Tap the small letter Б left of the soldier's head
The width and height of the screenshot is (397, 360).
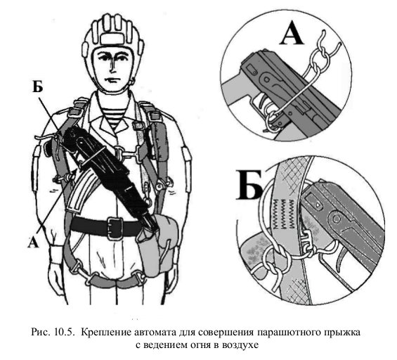pos(37,87)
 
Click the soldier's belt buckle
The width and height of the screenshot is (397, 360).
pos(115,228)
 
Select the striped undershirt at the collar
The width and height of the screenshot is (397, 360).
pos(113,117)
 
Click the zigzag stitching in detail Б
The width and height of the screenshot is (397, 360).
pos(284,213)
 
